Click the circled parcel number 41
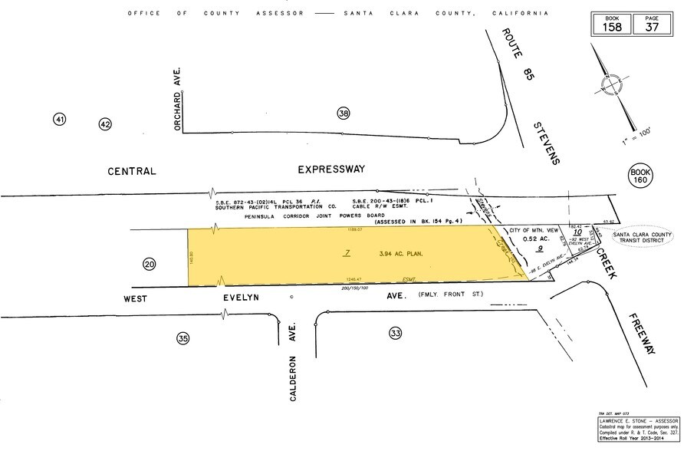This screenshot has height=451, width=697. tap(60, 119)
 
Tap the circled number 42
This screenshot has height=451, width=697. tap(105, 124)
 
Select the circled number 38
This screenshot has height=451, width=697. tap(343, 114)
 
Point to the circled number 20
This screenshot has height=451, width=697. tap(149, 265)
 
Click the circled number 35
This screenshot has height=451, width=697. tap(182, 337)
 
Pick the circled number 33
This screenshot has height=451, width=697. tap(395, 333)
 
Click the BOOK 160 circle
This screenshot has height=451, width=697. tap(639, 177)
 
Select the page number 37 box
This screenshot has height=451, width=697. tap(651, 24)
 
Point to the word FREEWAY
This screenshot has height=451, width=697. tap(642, 334)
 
